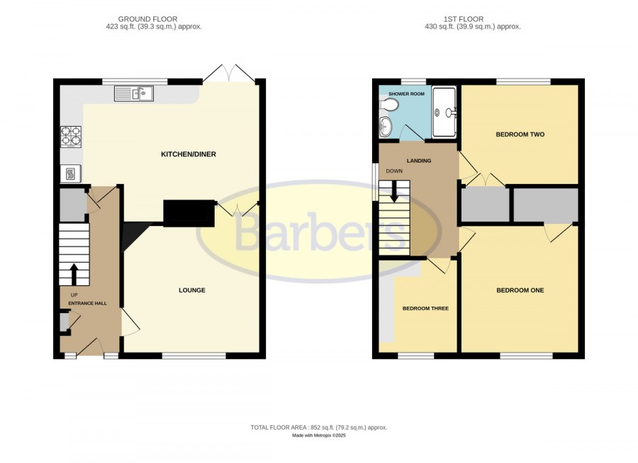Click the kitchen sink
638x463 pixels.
click(134, 93)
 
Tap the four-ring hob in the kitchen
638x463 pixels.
click(71, 136)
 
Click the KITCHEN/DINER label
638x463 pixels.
click(189, 154)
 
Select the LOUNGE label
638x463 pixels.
click(192, 290)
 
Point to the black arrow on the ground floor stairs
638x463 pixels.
click(74, 275)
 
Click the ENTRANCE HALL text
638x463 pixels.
click(87, 303)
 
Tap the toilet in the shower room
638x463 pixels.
click(388, 105)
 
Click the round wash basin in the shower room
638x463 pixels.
click(384, 126)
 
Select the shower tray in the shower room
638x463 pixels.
click(444, 112)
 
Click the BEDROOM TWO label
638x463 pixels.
click(520, 135)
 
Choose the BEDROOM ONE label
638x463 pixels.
click(520, 290)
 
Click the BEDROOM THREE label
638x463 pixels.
click(425, 309)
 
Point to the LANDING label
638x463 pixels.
click(419, 161)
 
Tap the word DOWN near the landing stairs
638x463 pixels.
click(394, 171)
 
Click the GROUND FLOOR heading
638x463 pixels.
click(147, 19)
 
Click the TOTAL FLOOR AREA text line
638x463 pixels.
click(318, 428)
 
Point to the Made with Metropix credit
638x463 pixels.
click(318, 435)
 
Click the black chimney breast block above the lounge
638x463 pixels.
click(189, 213)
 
